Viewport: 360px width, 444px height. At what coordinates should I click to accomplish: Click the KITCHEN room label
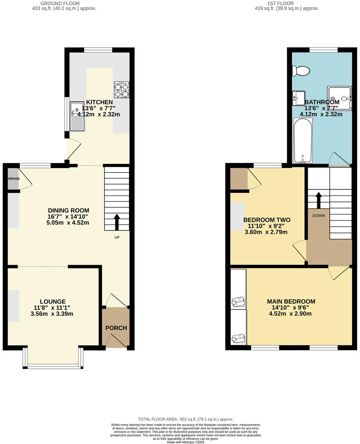pyautogui.click(x=100, y=102)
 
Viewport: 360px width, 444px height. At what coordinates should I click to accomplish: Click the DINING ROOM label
pyautogui.click(x=69, y=211)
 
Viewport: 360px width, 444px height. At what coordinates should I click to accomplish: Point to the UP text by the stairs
pyautogui.click(x=117, y=238)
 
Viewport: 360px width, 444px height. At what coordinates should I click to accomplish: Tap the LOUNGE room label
pyautogui.click(x=53, y=301)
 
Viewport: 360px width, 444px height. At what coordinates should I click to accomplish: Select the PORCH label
pyautogui.click(x=116, y=328)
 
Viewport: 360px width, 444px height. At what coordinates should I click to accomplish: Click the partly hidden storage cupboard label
pyautogui.click(x=13, y=179)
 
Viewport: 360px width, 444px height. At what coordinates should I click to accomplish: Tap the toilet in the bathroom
pyautogui.click(x=302, y=71)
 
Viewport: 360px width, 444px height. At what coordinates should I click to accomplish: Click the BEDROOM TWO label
pyautogui.click(x=267, y=220)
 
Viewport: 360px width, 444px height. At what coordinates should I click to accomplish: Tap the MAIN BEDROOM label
pyautogui.click(x=291, y=301)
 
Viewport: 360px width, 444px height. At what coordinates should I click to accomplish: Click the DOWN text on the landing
pyautogui.click(x=318, y=214)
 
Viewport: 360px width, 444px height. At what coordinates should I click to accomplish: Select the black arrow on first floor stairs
pyautogui.click(x=318, y=200)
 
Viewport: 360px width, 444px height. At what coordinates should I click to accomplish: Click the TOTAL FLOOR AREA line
pyautogui.click(x=185, y=419)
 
